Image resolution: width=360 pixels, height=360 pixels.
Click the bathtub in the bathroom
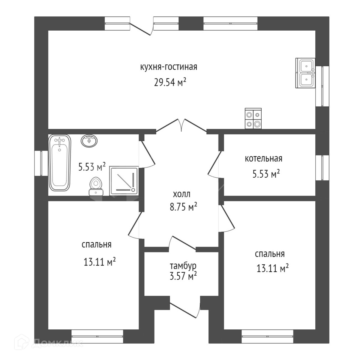point(60,163)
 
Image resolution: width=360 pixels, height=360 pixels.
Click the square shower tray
point(124,180)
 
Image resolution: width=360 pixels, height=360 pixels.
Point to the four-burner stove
point(253,118)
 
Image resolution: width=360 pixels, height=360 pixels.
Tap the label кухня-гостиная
point(169,67)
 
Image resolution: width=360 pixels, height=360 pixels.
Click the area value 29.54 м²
point(170,82)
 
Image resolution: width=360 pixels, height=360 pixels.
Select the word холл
point(181,194)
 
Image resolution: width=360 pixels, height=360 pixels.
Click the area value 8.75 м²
point(184,207)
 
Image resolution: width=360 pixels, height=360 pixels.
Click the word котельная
point(263,159)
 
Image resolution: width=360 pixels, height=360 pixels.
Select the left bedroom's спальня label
point(97,245)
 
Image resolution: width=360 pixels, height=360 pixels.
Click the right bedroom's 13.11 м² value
point(273,269)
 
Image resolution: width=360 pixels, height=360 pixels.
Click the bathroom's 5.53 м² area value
point(92,166)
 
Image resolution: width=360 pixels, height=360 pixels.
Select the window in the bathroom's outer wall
point(41,163)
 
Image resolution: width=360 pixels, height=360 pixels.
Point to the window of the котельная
point(322,168)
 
